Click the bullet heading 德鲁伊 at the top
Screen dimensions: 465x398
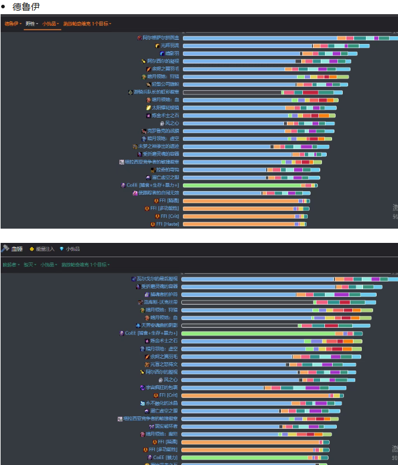[26, 6]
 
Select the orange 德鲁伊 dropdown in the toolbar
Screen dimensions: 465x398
[12, 24]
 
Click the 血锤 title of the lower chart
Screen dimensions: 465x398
[17, 249]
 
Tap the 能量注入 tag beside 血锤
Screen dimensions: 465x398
[44, 249]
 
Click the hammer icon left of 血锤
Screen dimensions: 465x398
[5, 249]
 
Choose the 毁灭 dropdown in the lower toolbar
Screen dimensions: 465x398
[29, 264]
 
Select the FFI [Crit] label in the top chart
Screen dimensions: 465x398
[168, 216]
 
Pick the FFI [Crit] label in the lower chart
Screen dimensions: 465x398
[169, 395]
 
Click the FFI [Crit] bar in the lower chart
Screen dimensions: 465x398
[255, 395]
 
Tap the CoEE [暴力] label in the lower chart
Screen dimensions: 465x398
[166, 457]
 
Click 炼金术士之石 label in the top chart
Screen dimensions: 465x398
[165, 115]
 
